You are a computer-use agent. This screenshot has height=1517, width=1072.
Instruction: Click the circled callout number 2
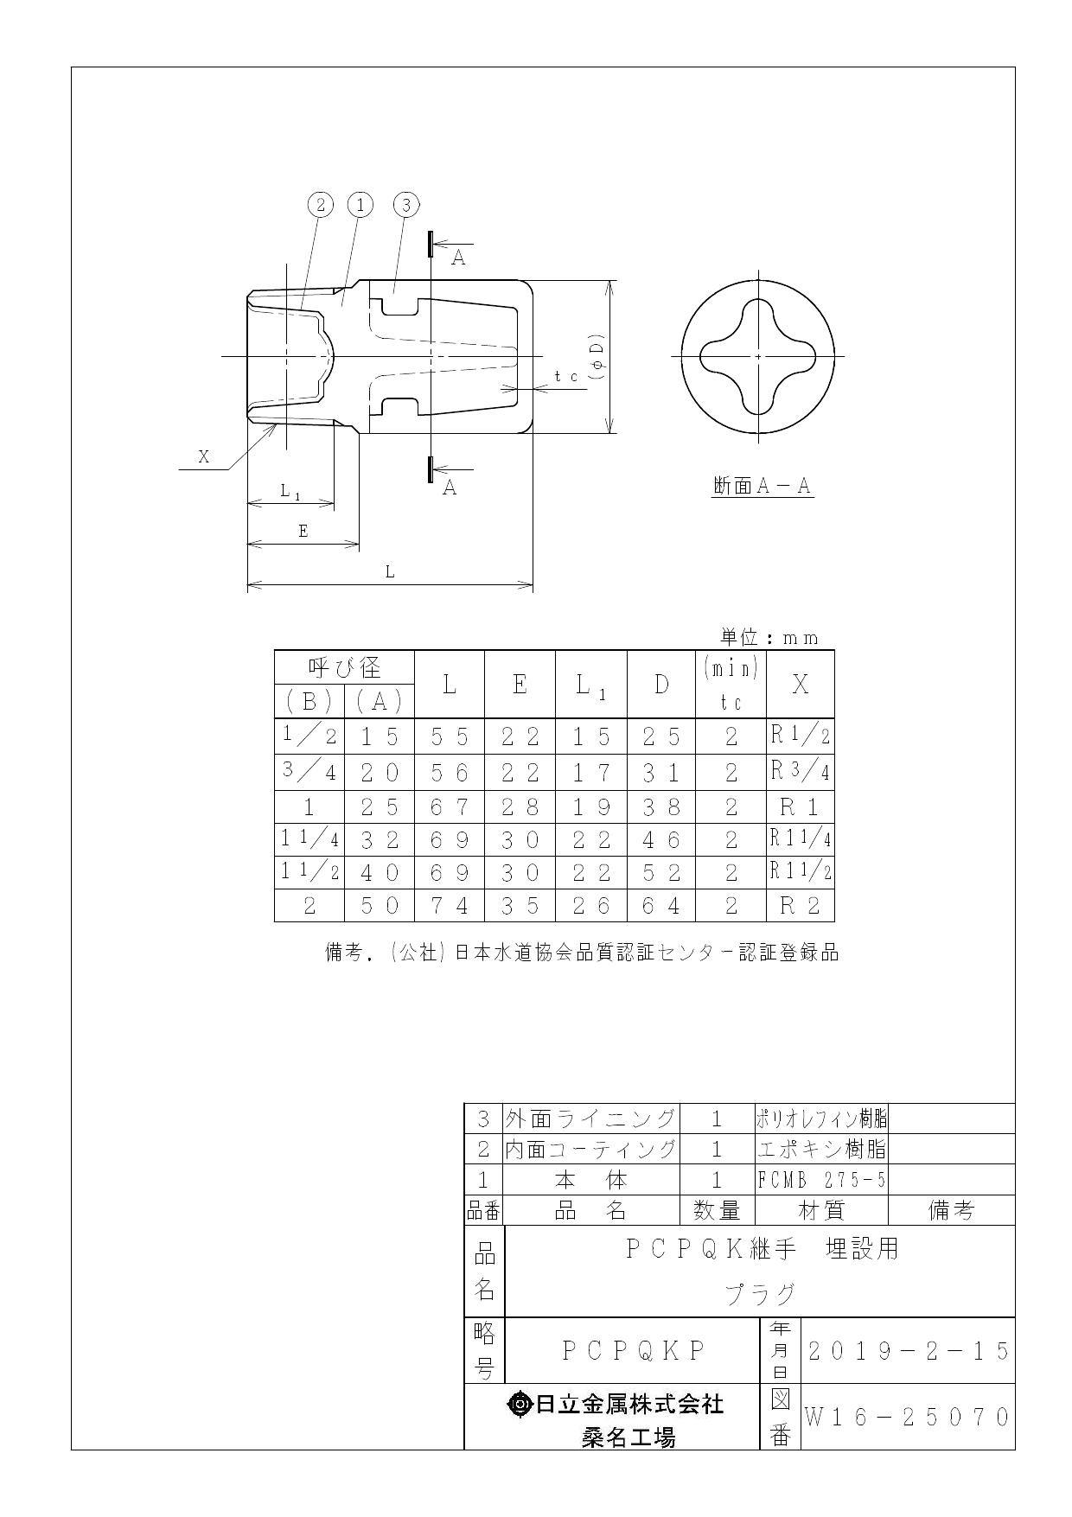321,205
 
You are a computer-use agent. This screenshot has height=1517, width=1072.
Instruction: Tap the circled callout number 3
405,205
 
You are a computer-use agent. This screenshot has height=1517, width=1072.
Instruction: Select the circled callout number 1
360,205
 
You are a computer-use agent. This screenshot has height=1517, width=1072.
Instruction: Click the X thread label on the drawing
204,456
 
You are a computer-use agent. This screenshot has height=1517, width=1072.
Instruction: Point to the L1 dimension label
290,491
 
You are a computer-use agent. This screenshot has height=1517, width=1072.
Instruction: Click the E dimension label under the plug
303,531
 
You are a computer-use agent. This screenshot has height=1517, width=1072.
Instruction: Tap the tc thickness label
566,376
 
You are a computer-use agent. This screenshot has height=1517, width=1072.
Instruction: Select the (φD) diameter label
596,356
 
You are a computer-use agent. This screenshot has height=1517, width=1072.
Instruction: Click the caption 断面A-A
762,487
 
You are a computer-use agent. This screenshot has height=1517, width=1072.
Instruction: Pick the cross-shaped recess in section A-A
758,356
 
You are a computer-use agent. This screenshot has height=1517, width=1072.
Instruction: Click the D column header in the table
661,685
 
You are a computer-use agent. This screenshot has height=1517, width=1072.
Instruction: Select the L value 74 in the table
450,906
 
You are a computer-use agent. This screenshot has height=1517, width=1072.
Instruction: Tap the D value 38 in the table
661,806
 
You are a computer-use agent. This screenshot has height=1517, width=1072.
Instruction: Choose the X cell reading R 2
800,906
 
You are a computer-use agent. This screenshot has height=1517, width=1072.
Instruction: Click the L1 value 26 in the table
591,906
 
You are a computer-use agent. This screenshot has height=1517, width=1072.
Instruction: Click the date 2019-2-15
908,1350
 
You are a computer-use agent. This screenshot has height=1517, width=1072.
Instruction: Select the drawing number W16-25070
908,1418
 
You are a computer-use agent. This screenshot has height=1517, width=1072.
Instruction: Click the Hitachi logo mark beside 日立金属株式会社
520,1405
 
